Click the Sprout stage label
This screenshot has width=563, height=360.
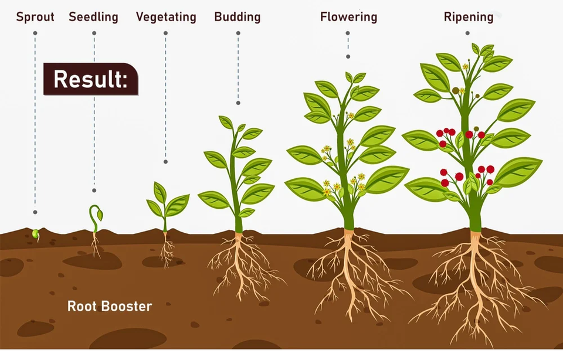tap(35, 16)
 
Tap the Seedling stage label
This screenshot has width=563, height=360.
tap(93, 16)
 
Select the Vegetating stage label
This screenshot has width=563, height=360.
tap(166, 16)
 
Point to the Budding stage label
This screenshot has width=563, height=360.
tap(238, 16)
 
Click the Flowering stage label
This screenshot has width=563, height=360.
tap(348, 16)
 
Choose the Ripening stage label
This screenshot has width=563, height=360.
tap(469, 16)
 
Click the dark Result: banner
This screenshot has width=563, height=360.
tap(91, 79)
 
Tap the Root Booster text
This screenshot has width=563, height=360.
tap(110, 306)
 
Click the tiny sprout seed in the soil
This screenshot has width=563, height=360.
tap(36, 234)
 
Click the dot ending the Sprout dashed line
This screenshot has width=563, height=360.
tap(35, 212)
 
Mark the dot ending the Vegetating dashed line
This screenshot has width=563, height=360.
tap(166, 161)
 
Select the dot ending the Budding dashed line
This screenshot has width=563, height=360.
tap(238, 103)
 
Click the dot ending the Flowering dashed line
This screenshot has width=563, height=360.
tap(348, 57)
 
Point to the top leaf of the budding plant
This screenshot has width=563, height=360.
tap(226, 122)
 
